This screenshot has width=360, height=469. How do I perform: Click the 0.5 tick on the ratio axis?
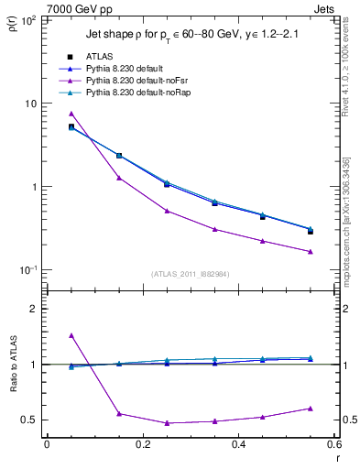point(28,420)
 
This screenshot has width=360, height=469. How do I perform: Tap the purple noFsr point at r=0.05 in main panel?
point(71,114)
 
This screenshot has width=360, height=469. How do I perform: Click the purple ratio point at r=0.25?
point(167,423)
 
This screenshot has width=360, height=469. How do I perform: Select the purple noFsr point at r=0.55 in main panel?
point(311,252)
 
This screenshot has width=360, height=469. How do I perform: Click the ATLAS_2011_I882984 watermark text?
point(191,274)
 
